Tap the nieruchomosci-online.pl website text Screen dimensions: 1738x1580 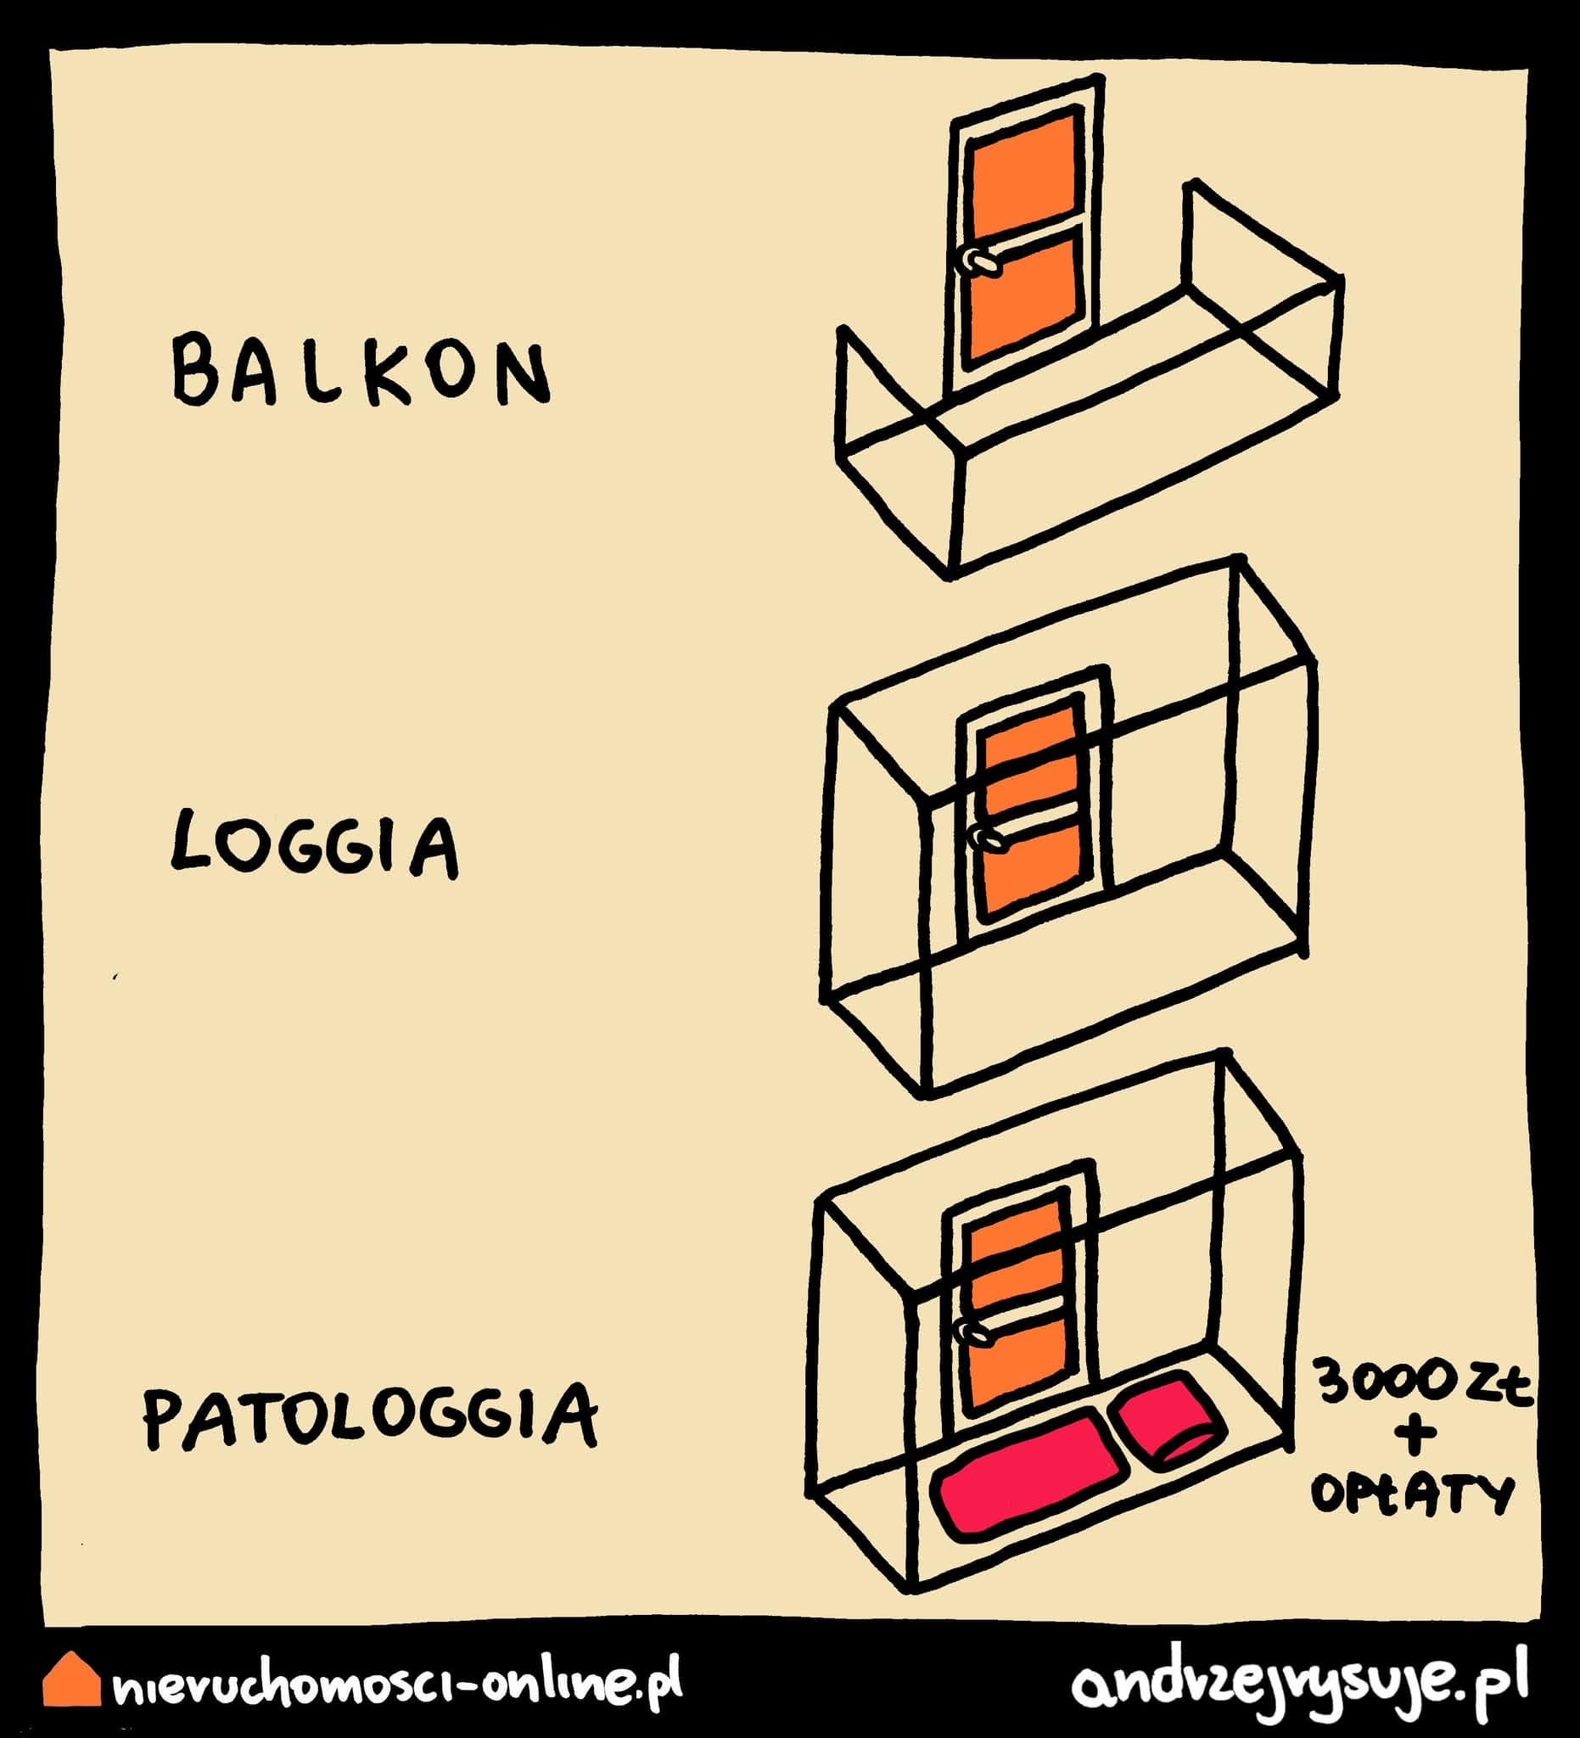click(396, 1681)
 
